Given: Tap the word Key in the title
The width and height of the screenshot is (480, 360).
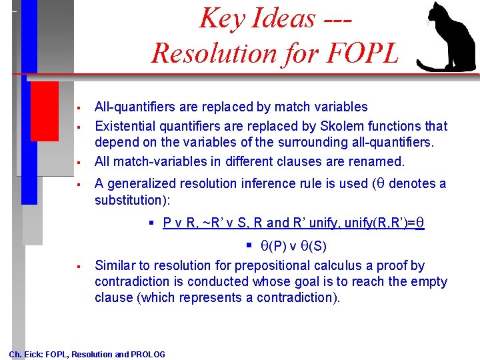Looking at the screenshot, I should pyautogui.click(x=222, y=18).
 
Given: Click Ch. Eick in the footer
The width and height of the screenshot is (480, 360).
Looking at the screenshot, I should pyautogui.click(x=25, y=355).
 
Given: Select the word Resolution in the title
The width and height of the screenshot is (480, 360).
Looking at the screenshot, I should pyautogui.click(x=206, y=53).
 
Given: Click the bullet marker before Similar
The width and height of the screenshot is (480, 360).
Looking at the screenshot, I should pyautogui.click(x=79, y=266).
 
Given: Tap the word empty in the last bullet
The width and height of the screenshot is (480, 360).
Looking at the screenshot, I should pyautogui.click(x=431, y=281).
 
